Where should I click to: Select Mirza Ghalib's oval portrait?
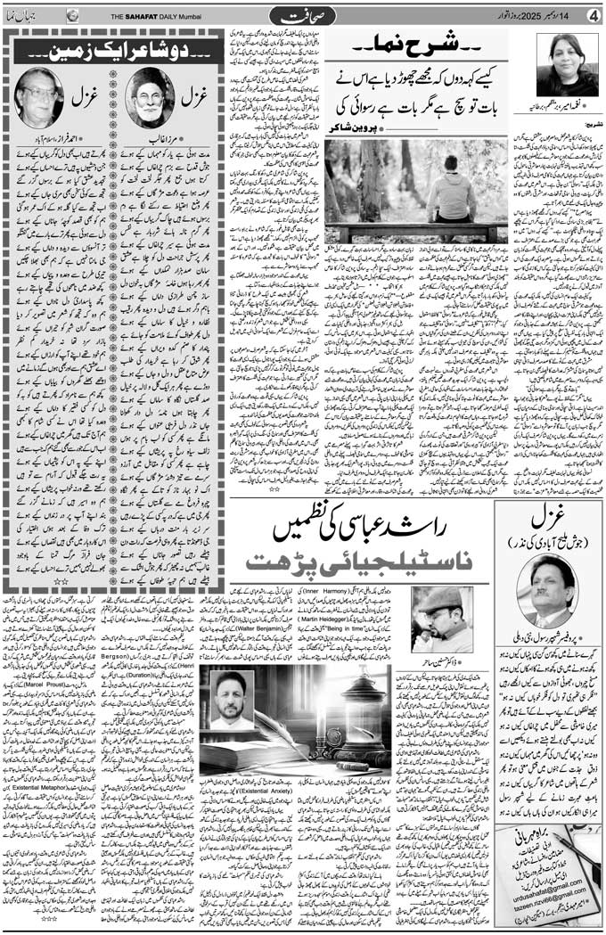148,97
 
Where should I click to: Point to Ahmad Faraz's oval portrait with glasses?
38,97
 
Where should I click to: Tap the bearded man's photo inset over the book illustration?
232,700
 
